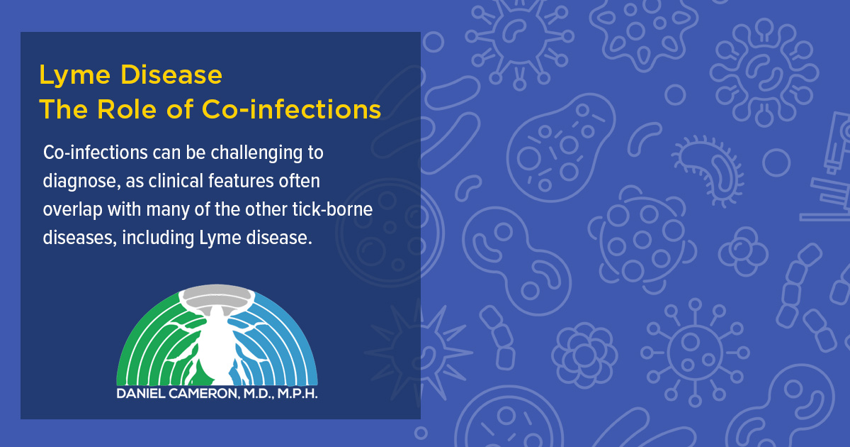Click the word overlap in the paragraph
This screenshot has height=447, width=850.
72,209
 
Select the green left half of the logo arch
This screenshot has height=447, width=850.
145,348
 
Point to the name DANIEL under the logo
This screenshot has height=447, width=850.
140,393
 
